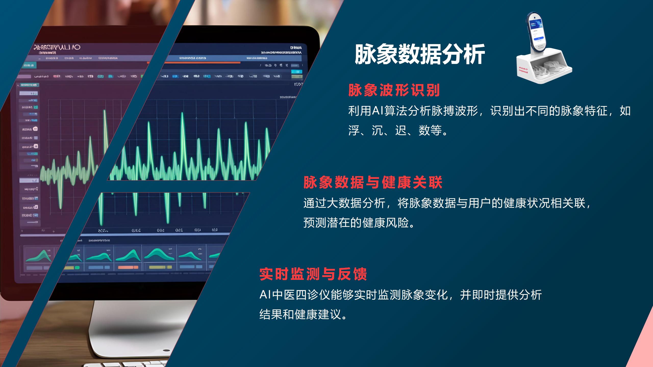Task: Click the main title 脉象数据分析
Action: click(x=420, y=54)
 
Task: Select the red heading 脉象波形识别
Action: click(x=394, y=90)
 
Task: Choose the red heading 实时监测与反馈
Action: click(x=313, y=274)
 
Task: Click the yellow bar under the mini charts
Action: click(x=160, y=267)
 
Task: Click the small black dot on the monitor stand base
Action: click(x=166, y=350)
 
